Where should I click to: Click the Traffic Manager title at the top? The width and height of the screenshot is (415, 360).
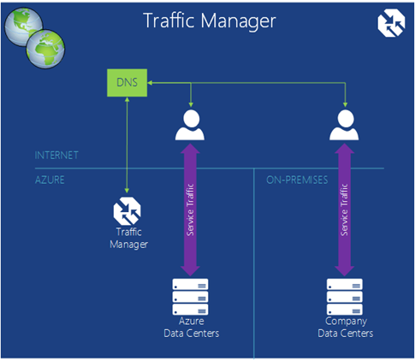point(210,21)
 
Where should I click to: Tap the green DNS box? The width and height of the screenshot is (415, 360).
point(127,83)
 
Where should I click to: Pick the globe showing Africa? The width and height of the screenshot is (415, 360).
point(45,49)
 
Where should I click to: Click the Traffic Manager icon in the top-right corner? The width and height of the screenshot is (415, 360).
point(391,23)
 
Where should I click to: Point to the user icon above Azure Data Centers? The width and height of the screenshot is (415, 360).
point(190,125)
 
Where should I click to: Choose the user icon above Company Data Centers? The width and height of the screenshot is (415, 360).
point(344,125)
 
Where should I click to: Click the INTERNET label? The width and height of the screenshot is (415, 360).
point(56,156)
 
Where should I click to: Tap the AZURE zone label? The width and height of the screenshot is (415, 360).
point(50,180)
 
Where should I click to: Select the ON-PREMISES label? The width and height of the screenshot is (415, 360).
point(297,180)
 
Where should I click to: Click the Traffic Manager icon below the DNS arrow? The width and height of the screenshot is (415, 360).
point(127,211)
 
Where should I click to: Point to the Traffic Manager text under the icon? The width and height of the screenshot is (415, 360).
point(129,239)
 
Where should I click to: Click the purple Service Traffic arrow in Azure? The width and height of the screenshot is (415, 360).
point(190,210)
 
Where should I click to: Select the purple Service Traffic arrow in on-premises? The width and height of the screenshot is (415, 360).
point(345,210)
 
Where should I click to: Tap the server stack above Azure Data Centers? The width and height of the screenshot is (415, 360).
point(190,297)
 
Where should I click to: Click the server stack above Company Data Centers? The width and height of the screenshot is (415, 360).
point(345,297)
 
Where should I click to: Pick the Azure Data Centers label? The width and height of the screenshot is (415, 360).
point(192,328)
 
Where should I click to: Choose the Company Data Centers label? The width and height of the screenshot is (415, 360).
point(346,328)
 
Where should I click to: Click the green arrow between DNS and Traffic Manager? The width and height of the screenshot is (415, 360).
point(127,145)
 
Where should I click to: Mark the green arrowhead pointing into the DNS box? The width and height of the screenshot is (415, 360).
point(150,83)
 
